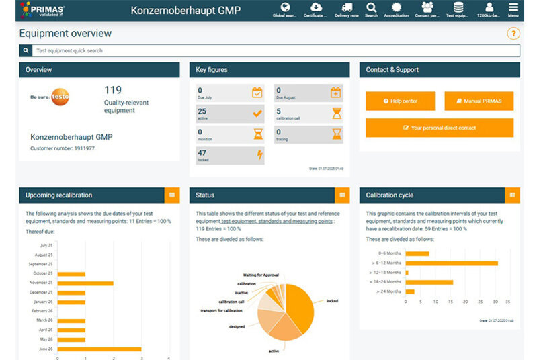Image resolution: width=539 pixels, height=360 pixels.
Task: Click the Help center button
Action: pyautogui.click(x=400, y=101)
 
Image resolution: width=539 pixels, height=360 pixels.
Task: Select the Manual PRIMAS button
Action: pyautogui.click(x=479, y=101)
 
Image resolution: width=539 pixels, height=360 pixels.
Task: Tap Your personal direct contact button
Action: pyautogui.click(x=440, y=128)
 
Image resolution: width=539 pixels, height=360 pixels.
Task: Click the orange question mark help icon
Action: pyautogui.click(x=513, y=34)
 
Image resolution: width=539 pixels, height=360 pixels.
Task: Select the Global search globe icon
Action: pyautogui.click(x=285, y=7)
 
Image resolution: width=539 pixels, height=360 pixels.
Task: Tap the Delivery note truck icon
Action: pyautogui.click(x=346, y=7)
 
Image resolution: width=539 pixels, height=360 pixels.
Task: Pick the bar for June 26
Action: pyautogui.click(x=99, y=349)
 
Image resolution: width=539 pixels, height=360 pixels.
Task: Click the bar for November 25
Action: pyautogui.click(x=85, y=283)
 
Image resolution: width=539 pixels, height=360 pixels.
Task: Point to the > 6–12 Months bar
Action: pyautogui.click(x=452, y=263)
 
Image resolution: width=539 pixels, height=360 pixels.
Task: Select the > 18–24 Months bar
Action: pyautogui.click(x=429, y=282)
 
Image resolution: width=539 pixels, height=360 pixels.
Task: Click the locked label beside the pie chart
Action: pyautogui.click(x=332, y=300)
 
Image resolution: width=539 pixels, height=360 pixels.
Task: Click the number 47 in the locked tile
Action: pyautogui.click(x=202, y=153)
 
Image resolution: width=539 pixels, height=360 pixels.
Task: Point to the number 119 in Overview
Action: pyautogui.click(x=113, y=89)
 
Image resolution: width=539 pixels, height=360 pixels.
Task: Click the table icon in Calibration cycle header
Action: pyautogui.click(x=513, y=195)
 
